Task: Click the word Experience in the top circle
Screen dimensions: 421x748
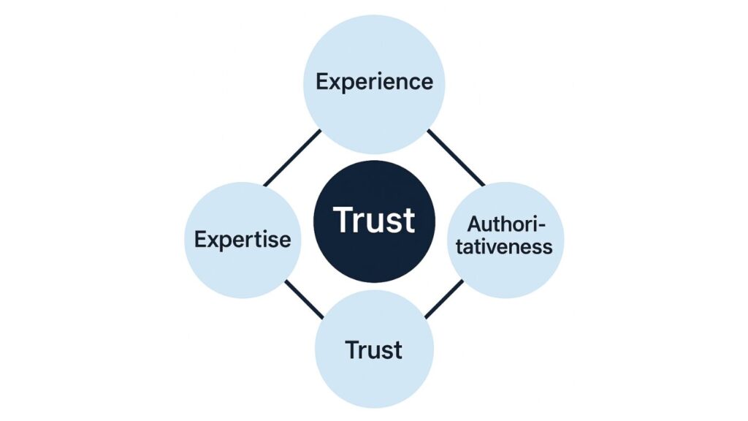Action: pyautogui.click(x=374, y=81)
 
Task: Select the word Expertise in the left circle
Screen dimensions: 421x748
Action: pyautogui.click(x=243, y=239)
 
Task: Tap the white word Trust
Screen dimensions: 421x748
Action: pyautogui.click(x=374, y=220)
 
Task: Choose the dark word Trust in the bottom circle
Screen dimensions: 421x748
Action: pyautogui.click(x=374, y=350)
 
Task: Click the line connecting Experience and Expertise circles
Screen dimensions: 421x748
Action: pyautogui.click(x=291, y=157)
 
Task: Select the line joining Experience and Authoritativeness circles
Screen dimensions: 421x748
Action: pyautogui.click(x=456, y=157)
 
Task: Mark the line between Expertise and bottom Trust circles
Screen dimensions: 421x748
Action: pyautogui.click(x=303, y=299)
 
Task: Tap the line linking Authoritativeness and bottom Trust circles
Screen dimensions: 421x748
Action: pyautogui.click(x=443, y=299)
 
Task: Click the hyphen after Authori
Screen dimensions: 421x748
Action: pyautogui.click(x=543, y=224)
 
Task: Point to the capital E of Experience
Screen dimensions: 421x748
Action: pyautogui.click(x=321, y=81)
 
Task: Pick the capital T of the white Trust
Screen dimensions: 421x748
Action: pyautogui.click(x=343, y=220)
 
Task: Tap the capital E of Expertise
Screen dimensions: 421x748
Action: pyautogui.click(x=199, y=239)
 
